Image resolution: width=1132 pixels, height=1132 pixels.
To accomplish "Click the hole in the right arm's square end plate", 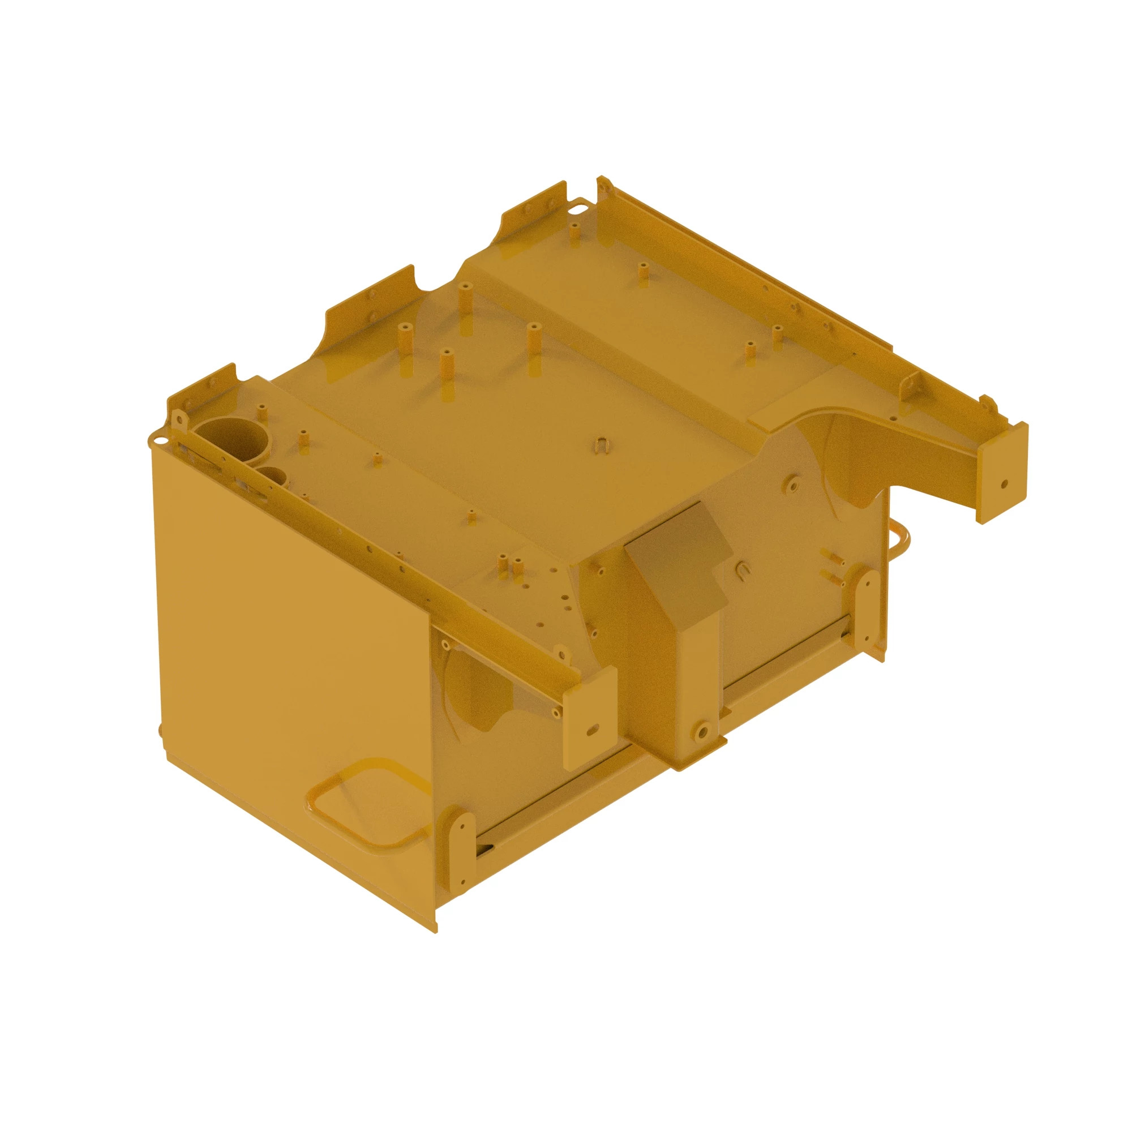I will (1004, 484).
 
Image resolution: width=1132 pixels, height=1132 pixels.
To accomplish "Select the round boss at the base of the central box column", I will (702, 731).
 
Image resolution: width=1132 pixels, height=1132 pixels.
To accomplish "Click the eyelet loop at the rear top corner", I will (579, 203).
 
